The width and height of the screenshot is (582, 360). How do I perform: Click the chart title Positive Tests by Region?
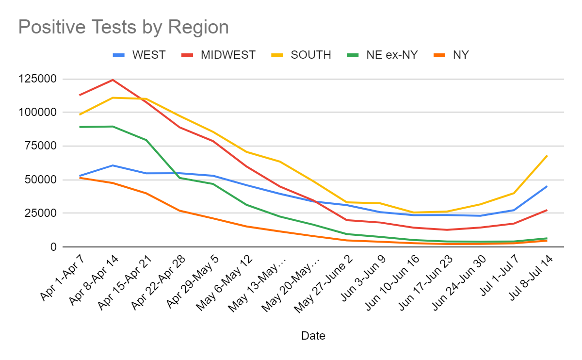[124, 27]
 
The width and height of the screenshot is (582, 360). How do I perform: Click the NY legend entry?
[461, 55]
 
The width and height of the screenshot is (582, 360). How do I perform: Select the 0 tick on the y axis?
[67, 247]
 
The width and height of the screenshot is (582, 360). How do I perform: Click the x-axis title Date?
[313, 336]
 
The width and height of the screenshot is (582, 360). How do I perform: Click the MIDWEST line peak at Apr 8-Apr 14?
[113, 80]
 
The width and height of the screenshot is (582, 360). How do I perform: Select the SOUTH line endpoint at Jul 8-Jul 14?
[547, 156]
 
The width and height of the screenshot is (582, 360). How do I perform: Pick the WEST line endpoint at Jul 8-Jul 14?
[547, 186]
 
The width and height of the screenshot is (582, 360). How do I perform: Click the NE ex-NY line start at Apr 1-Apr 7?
[80, 127]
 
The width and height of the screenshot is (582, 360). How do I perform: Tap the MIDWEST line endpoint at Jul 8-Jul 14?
[547, 210]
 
